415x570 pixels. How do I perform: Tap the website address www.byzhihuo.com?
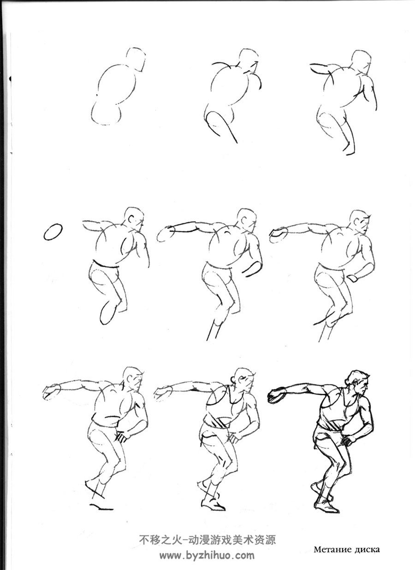tap(207, 555)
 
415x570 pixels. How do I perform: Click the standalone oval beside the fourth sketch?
tap(53, 232)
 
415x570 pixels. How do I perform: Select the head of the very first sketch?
tap(136, 60)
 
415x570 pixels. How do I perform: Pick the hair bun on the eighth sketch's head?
tap(233, 381)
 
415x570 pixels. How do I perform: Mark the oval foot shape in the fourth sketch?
tap(107, 312)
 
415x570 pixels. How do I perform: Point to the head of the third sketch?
tap(361, 61)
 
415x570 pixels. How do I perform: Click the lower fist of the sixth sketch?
tap(352, 278)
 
